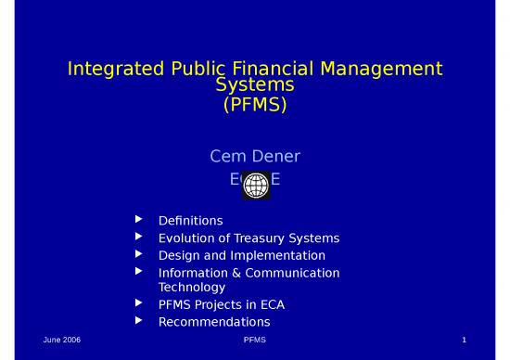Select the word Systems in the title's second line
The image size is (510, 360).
click(x=255, y=86)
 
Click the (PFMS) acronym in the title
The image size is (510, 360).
click(x=255, y=105)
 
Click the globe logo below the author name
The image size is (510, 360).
click(x=255, y=186)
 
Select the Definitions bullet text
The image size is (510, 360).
click(x=190, y=221)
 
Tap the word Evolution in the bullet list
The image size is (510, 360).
click(x=186, y=238)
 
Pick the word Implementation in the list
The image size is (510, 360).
click(x=283, y=254)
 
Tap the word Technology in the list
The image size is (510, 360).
click(x=192, y=287)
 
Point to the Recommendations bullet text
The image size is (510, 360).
click(x=214, y=322)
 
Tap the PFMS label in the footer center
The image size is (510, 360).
click(x=255, y=342)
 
